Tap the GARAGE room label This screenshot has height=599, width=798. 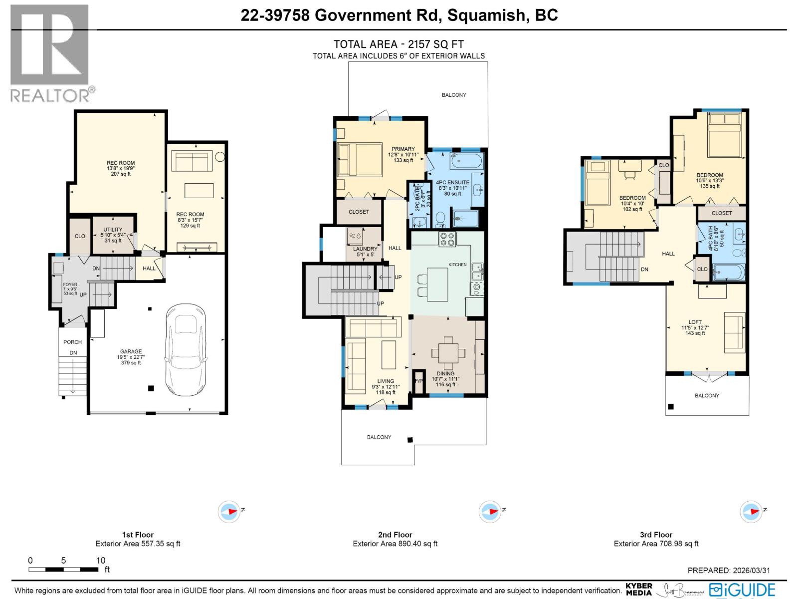131,352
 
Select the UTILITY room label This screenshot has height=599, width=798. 113,230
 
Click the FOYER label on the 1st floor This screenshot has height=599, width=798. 70,285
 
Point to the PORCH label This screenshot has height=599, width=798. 72,342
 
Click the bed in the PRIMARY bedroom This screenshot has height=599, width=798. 359,159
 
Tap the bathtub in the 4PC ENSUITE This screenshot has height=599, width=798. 467,161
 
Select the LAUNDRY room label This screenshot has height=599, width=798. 365,249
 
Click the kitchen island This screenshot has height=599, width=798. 437,285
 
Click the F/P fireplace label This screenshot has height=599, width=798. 418,381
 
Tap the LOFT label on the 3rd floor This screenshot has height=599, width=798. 695,322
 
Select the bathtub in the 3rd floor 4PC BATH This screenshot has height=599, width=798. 728,273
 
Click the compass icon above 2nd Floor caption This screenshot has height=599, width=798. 490,512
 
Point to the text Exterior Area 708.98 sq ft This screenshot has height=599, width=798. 656,544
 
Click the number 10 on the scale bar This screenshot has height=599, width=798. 100,560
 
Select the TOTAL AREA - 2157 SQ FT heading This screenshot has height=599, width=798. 399,44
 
